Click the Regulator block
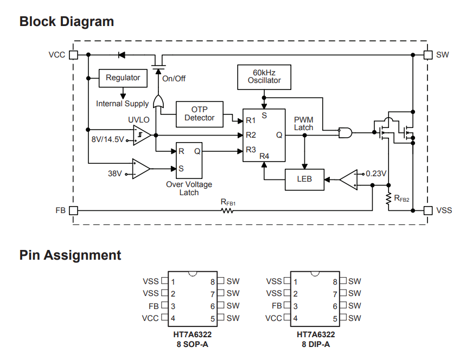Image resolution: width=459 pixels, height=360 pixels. point(123,78)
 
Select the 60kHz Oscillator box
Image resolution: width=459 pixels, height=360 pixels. point(264,77)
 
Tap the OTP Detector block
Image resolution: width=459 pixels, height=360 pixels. point(199,114)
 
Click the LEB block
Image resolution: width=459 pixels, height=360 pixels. point(304,179)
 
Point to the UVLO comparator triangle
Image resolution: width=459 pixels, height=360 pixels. point(142,135)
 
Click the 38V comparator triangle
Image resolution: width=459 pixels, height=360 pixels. point(141,169)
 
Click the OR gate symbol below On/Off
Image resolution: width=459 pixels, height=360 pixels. point(159,101)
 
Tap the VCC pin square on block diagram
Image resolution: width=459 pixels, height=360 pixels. point(74,55)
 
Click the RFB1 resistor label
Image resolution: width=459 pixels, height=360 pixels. point(228,202)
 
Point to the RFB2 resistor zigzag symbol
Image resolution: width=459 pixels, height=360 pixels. point(388,199)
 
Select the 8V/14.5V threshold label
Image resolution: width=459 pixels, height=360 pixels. point(107,139)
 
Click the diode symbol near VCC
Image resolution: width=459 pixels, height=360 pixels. point(121,55)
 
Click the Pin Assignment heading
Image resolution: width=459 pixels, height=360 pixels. point(70,255)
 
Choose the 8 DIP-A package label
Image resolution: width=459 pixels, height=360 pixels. point(316,344)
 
